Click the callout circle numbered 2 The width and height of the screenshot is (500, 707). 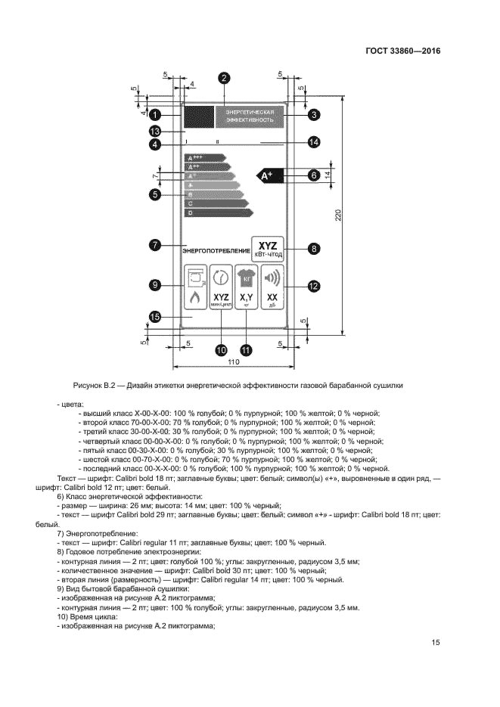[224, 78]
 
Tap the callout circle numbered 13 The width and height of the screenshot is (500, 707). [154, 131]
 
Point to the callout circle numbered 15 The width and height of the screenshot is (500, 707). [154, 318]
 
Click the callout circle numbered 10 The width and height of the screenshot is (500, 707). [222, 350]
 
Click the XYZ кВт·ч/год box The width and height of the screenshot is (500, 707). [269, 248]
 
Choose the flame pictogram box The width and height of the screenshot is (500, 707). [195, 289]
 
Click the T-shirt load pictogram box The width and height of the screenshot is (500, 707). [246, 289]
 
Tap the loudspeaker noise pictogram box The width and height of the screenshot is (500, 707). [272, 289]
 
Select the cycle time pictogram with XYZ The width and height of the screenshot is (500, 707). [221, 289]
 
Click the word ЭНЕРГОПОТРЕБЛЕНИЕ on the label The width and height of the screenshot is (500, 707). [216, 250]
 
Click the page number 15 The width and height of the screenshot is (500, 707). [436, 643]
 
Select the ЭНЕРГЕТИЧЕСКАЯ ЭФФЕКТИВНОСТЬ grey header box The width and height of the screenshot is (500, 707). [250, 116]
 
